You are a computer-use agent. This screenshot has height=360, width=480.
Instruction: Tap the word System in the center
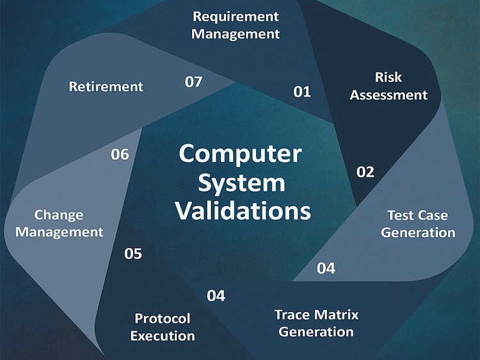pyautogui.click(x=241, y=184)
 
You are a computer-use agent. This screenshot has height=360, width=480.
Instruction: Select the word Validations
pyautogui.click(x=243, y=211)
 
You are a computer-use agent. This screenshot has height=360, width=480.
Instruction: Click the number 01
pyautogui.click(x=302, y=92)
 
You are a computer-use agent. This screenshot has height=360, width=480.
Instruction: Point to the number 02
pyautogui.click(x=365, y=172)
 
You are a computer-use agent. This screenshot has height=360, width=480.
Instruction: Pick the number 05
pyautogui.click(x=133, y=254)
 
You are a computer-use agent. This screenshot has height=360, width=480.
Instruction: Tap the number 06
pyautogui.click(x=120, y=154)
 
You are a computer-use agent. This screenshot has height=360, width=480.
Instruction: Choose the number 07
pyautogui.click(x=193, y=82)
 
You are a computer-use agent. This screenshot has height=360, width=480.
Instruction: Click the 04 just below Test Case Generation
pyautogui.click(x=326, y=268)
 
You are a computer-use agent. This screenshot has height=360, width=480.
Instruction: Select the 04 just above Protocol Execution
pyautogui.click(x=216, y=296)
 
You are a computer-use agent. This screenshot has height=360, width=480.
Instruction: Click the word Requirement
pyautogui.click(x=236, y=17)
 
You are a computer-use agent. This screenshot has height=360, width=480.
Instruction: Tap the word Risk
pyautogui.click(x=388, y=78)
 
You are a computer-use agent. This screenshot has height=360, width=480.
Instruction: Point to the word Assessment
pyautogui.click(x=388, y=95)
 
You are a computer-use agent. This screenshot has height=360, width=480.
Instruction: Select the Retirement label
pyautogui.click(x=106, y=86)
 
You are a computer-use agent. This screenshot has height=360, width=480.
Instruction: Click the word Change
pyautogui.click(x=59, y=215)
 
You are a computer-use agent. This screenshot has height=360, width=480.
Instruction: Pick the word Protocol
pyautogui.click(x=163, y=318)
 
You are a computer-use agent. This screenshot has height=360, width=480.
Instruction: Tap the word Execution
pyautogui.click(x=163, y=336)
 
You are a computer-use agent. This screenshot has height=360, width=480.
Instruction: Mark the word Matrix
pyautogui.click(x=336, y=315)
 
